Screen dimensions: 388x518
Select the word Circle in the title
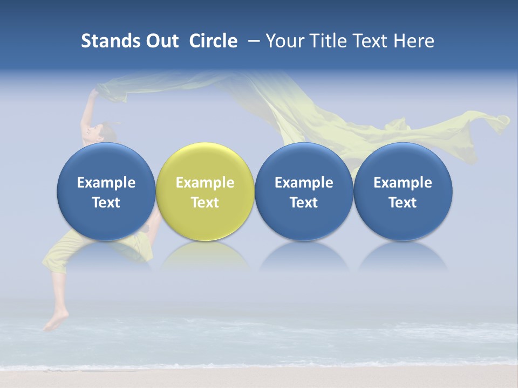[213, 41]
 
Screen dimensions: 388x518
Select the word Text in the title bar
[370, 41]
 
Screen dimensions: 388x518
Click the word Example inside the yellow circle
[205, 183]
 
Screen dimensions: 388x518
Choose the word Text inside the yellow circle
[205, 203]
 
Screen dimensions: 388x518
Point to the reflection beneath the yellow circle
[205, 256]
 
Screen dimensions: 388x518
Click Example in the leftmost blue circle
[106, 183]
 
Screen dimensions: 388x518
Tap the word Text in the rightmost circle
[403, 203]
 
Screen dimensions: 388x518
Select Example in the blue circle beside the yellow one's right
[304, 183]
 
